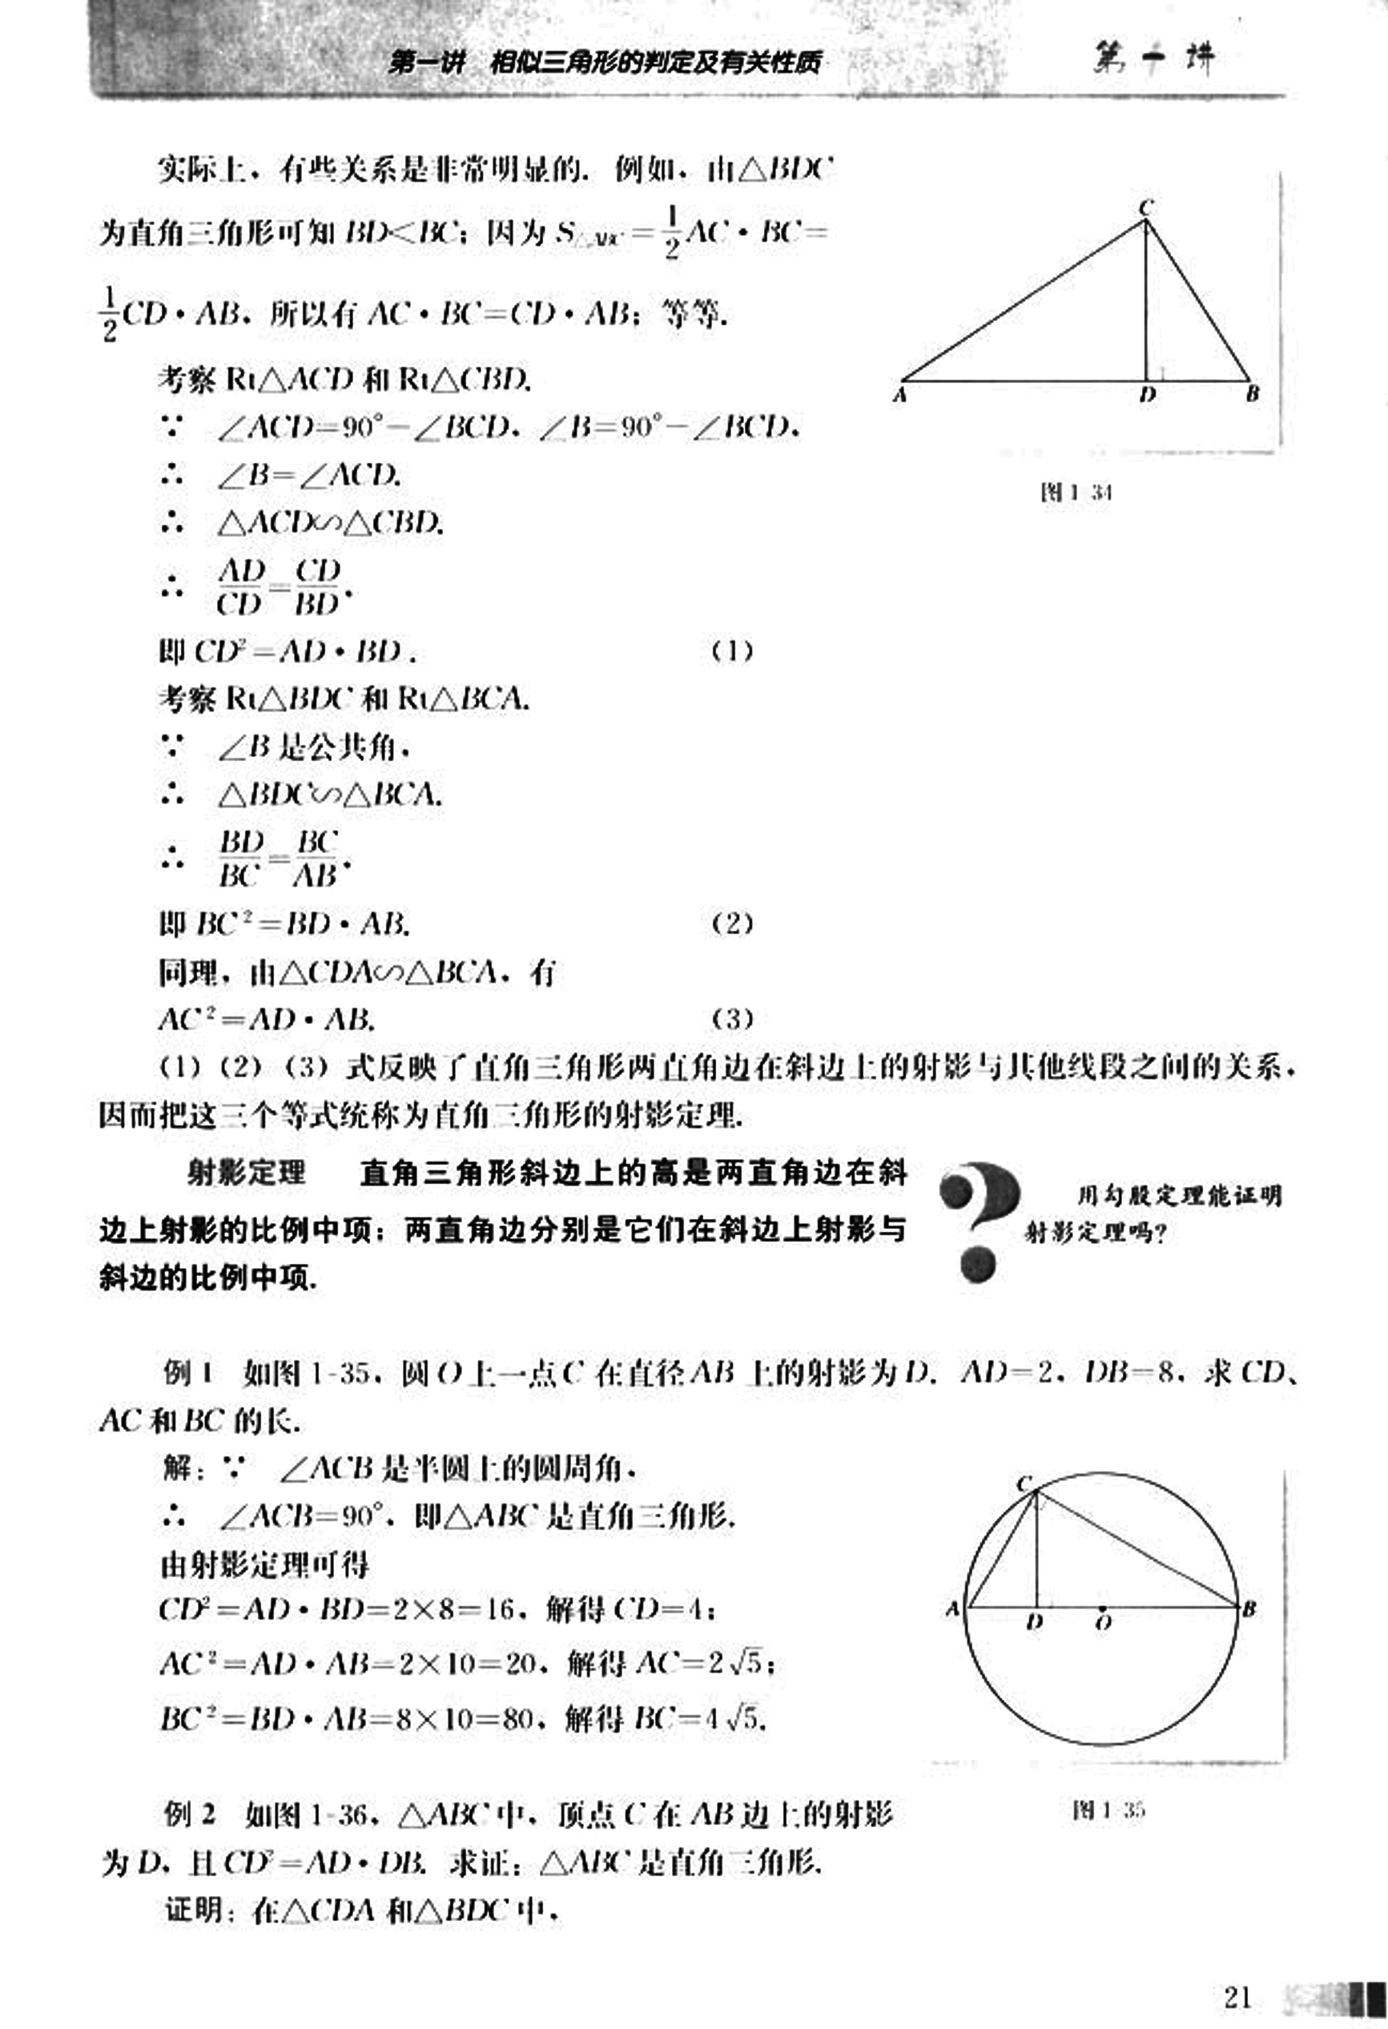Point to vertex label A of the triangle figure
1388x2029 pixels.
(x=900, y=396)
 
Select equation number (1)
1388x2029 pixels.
(x=731, y=651)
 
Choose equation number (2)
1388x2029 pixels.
(x=731, y=923)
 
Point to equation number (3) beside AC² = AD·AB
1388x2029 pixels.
(x=731, y=1018)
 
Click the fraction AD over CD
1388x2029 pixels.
(x=241, y=586)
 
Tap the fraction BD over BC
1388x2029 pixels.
(x=241, y=858)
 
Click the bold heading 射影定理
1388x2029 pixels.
(x=246, y=1172)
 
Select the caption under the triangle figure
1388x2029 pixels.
(x=1076, y=493)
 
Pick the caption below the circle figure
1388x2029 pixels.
(x=1108, y=1810)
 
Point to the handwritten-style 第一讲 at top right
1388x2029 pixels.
(x=1153, y=59)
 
